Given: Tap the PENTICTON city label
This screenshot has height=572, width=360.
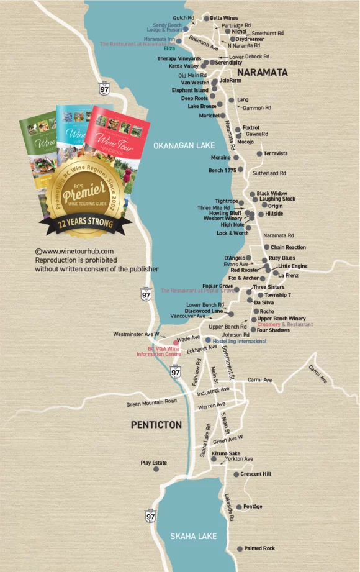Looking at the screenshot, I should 156,425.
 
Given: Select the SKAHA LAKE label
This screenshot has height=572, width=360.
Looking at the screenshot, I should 193,535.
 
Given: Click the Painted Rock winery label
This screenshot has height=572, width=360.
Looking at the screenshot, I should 259,548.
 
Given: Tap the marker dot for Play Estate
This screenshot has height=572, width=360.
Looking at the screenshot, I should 156,469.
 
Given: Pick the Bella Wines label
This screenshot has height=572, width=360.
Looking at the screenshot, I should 224,19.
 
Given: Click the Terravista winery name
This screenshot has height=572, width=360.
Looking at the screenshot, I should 275,153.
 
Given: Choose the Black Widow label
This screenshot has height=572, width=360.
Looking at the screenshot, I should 272,194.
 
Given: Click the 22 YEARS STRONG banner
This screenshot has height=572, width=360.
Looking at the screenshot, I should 81,224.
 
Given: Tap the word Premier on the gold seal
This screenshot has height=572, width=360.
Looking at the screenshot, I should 81,189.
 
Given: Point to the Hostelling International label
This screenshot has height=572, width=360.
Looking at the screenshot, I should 238,341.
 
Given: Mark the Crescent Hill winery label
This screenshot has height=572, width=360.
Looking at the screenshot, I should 256,474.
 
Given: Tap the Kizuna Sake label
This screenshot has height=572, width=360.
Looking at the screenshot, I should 226,454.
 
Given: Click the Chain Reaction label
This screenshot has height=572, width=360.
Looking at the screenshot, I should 288,247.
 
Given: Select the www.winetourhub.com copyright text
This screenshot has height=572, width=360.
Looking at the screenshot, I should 74,252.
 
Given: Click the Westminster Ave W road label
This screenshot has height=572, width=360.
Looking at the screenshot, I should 136,334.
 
